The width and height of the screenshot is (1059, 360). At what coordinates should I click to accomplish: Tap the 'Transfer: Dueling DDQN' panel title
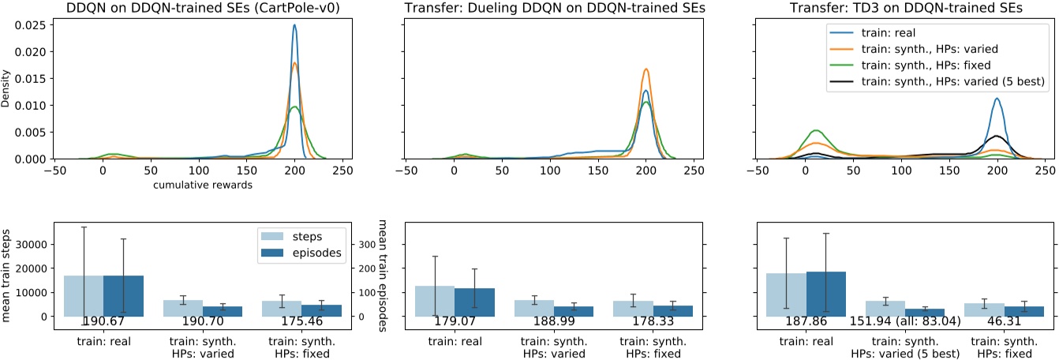548,8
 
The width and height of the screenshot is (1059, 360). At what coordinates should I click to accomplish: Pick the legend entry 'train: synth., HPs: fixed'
910,65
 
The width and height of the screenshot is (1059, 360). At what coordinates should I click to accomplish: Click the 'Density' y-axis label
7,92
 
